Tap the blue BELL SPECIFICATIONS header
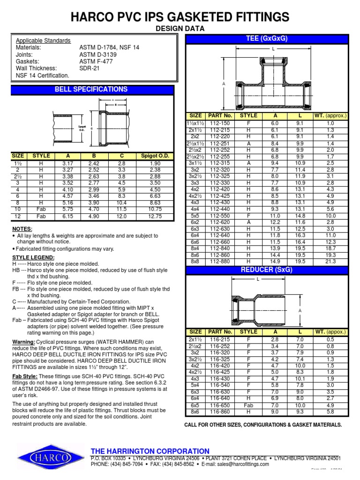(91, 89)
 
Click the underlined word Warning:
(25, 342)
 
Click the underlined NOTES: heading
(22, 229)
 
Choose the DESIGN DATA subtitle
(180, 29)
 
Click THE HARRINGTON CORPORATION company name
(150, 451)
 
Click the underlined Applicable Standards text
(43, 41)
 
